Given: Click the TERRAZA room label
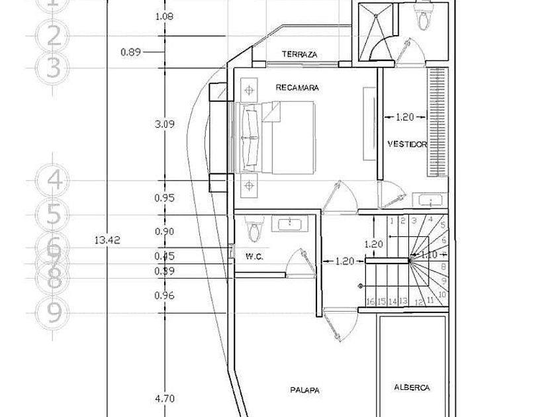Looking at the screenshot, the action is point(299,54).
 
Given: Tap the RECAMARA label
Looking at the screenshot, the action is point(297,87).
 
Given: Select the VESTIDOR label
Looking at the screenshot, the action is point(406,144).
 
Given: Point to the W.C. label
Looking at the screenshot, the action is point(254,257).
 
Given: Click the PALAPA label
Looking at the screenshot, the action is point(304,391).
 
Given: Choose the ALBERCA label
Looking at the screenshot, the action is point(412,387).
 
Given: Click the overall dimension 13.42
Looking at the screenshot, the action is point(107,241).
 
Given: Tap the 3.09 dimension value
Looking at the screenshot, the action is point(164,124).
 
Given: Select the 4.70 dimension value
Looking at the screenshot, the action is point(164,398).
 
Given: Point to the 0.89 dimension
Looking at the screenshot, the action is point(131,52).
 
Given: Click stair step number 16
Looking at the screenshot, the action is point(371,302).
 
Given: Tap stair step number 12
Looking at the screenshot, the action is point(418,302).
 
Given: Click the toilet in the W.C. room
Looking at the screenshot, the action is point(252,232).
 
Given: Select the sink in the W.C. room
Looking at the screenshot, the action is point(291,224).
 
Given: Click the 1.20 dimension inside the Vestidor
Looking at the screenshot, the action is point(404,117).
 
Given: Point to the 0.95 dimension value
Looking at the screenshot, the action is point(164,198).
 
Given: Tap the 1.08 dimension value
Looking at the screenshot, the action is point(164,16).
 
